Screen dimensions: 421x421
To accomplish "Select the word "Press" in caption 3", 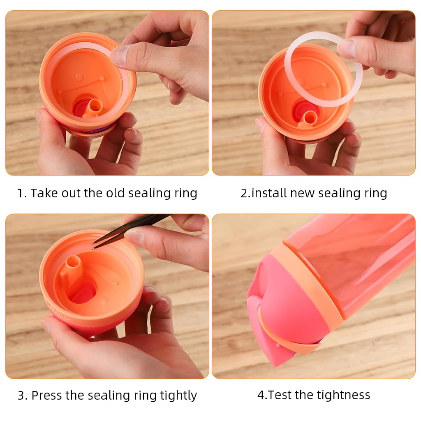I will [47, 395].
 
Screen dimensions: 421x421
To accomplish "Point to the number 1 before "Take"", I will [20, 193].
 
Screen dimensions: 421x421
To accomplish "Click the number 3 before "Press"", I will [21, 396].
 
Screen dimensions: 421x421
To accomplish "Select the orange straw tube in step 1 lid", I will [94, 108].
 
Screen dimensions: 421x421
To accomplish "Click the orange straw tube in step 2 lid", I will [308, 119].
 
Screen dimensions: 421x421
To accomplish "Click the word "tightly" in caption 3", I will [178, 395].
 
